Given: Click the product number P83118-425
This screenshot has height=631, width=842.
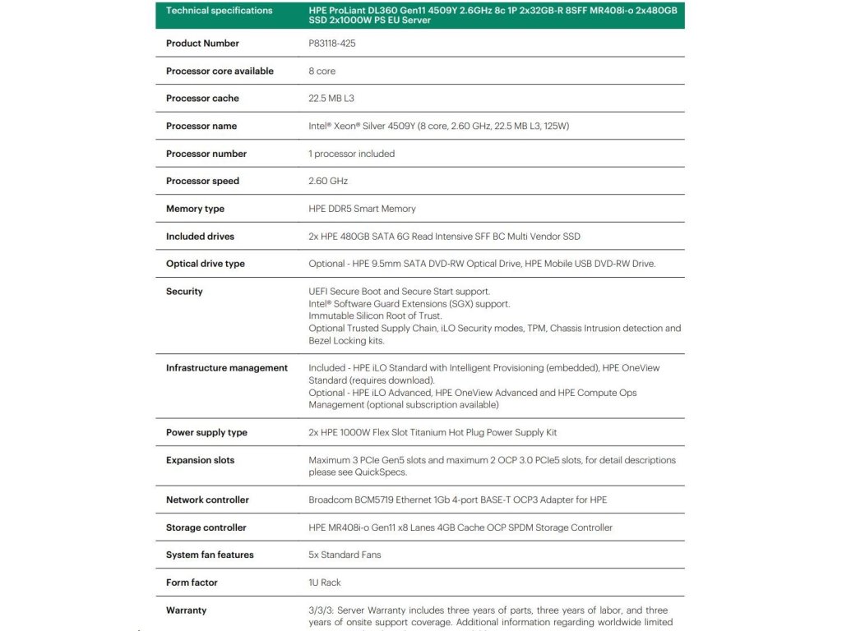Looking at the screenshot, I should tap(331, 44).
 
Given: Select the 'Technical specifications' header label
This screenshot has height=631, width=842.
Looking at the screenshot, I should tap(219, 11).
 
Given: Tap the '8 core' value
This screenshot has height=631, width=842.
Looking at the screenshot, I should tap(322, 71).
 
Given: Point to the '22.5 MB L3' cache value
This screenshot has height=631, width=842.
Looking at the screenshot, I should tap(331, 99).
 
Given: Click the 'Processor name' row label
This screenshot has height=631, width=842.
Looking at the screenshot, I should tap(201, 127).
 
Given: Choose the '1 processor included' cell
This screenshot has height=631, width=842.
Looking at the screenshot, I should tap(351, 154).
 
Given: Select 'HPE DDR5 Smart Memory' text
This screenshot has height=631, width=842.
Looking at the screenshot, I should tap(362, 209).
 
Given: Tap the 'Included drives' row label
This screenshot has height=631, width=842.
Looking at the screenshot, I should tap(200, 237).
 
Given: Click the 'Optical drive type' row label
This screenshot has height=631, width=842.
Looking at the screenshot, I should tap(205, 264).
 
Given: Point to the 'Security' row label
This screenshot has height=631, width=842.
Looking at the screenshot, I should tap(184, 292).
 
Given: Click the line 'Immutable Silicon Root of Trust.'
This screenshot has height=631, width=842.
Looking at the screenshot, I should tap(375, 315).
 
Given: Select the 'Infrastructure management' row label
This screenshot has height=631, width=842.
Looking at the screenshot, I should tap(226, 368).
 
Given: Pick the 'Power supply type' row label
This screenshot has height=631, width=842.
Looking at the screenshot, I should tap(206, 433).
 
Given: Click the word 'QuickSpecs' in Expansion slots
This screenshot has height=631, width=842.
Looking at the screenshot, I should tap(381, 472).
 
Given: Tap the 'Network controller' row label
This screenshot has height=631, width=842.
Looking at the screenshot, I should tap(207, 500).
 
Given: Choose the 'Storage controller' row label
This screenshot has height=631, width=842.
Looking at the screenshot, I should tap(206, 527).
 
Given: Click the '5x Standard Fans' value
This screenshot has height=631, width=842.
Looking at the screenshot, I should tap(345, 555).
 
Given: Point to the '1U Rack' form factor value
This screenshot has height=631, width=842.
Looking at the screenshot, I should tap(325, 583).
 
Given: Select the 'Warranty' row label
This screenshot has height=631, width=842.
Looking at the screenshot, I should tap(186, 610).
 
